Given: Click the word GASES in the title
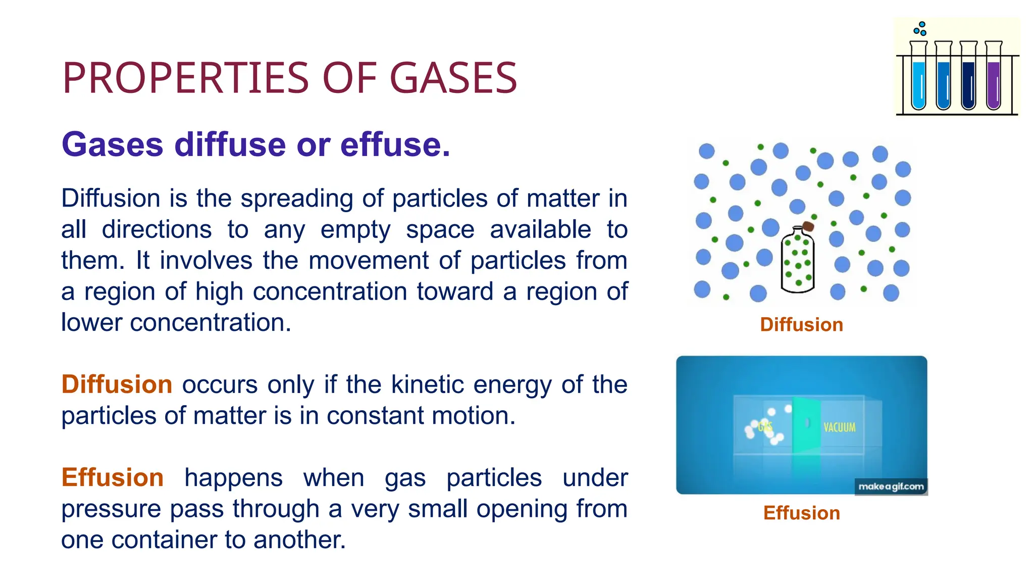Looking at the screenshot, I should tap(453, 78).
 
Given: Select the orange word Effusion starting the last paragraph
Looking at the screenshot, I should tap(112, 477).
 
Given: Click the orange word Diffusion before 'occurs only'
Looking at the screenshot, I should tap(117, 384).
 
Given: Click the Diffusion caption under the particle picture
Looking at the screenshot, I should tap(801, 324).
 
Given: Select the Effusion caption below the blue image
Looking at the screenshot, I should tap(801, 513).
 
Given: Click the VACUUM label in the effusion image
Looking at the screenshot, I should tap(839, 427).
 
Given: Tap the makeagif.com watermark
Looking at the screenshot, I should tap(891, 487).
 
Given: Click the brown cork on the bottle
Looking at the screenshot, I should tap(808, 226).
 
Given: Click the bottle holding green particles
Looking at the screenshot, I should tap(798, 263).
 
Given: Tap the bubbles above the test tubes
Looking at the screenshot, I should tap(920, 29).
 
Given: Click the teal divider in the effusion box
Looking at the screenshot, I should tap(806, 424).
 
